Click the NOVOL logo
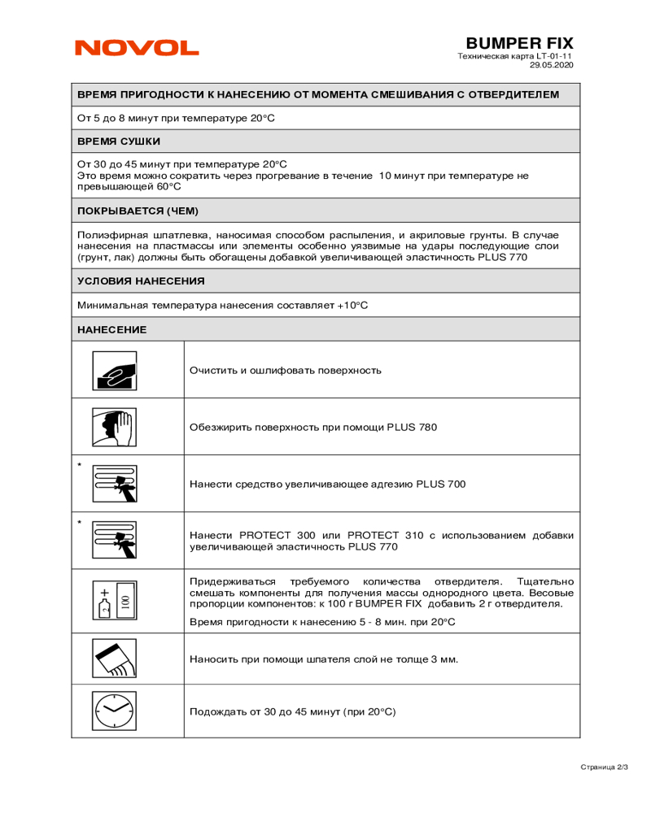click(x=137, y=48)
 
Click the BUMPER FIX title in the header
click(x=519, y=42)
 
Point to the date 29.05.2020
click(x=552, y=65)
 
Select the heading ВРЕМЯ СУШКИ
click(x=113, y=141)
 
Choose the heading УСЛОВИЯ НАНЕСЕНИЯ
click(x=141, y=280)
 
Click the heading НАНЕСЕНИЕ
click(x=111, y=329)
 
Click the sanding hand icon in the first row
click(x=114, y=370)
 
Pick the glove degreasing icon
click(x=114, y=427)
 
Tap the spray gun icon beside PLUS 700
click(x=114, y=484)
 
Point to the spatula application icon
click(x=114, y=659)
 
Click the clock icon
click(x=114, y=710)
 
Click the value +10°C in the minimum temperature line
click(x=352, y=305)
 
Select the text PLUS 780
click(x=412, y=428)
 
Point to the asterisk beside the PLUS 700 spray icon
click(x=79, y=465)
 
